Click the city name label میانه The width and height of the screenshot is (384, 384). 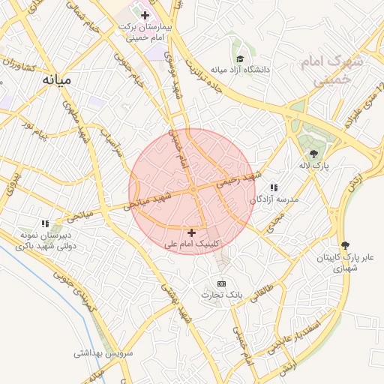point(55,79)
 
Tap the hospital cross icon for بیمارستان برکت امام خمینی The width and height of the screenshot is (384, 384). point(145,15)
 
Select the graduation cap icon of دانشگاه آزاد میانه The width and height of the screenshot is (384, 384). point(240,58)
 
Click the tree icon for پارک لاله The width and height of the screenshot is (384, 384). point(313,153)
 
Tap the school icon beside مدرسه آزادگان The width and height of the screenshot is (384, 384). point(274,187)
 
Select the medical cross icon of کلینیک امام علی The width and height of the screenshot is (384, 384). point(191,233)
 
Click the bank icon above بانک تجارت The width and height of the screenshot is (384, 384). point(221,283)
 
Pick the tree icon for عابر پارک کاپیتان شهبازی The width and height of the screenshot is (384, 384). point(345,245)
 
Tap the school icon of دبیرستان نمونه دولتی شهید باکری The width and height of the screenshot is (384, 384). point(45,223)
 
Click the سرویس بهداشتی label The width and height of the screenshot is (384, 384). point(103,352)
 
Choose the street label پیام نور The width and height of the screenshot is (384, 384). point(34,136)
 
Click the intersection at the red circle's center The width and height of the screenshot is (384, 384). point(192,191)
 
